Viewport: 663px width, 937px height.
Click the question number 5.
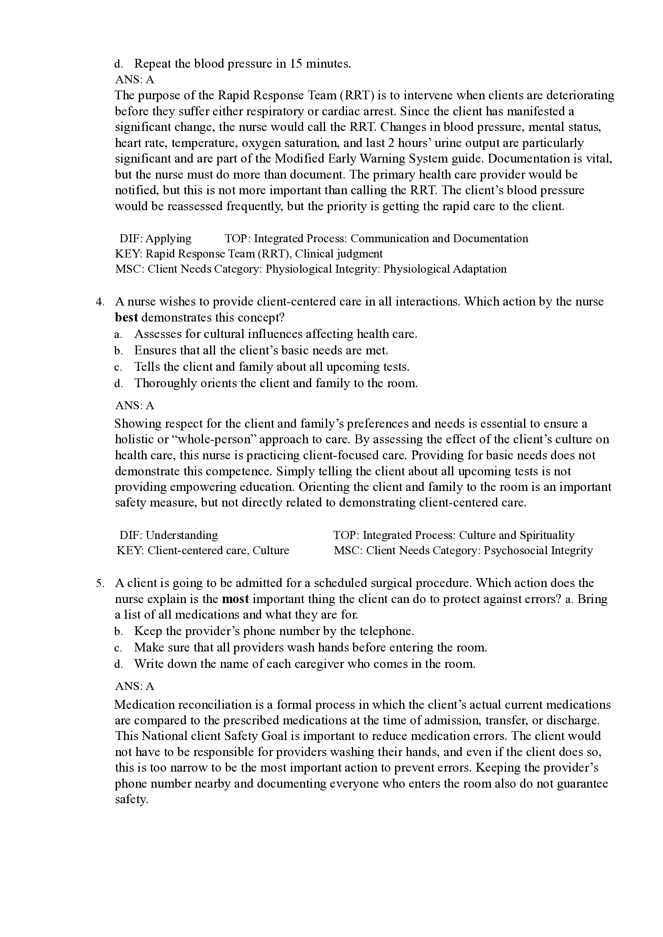click(x=100, y=583)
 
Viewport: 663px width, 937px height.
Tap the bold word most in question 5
click(x=235, y=599)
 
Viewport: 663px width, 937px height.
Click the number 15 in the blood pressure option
click(x=295, y=64)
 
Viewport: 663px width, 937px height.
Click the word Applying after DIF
click(x=168, y=238)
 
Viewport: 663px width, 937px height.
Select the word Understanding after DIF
click(x=182, y=535)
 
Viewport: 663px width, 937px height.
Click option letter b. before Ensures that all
click(x=119, y=351)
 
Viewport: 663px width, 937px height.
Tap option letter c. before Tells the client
click(x=119, y=367)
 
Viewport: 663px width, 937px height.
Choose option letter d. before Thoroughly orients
click(x=119, y=383)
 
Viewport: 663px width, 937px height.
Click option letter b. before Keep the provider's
click(x=119, y=631)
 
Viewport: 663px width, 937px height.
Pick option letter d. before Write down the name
click(x=119, y=664)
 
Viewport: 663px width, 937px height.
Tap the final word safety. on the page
click(x=131, y=800)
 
